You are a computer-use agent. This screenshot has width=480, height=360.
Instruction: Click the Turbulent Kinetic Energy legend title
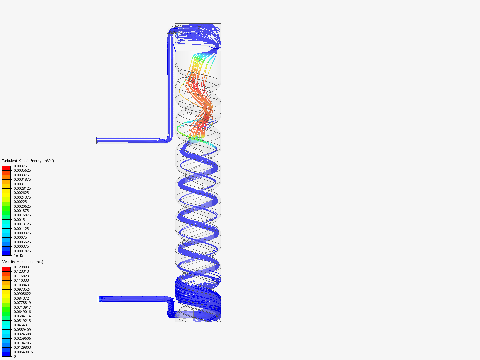(x=28, y=161)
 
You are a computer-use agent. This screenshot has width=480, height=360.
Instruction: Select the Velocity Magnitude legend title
(x=23, y=262)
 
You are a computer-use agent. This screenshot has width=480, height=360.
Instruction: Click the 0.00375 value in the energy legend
(x=20, y=166)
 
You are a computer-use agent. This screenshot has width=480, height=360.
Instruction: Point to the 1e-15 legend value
(x=18, y=255)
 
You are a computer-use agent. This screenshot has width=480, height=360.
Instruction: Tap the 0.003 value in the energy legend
(x=18, y=184)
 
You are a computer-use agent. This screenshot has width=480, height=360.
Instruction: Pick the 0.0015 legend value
(x=19, y=220)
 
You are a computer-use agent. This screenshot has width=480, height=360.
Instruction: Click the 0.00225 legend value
(x=20, y=202)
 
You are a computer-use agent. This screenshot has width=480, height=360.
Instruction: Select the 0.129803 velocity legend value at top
(x=21, y=267)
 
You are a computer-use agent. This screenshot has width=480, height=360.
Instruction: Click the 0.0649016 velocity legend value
(x=22, y=312)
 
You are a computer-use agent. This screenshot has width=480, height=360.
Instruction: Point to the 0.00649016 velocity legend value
(x=23, y=352)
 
